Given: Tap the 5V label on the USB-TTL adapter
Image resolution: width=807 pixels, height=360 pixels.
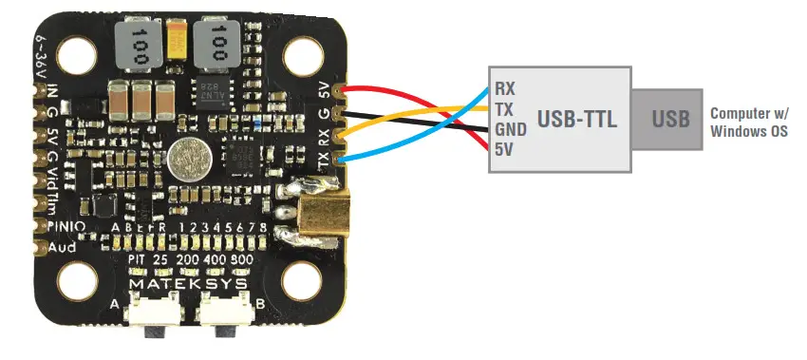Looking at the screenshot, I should coord(504,148).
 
